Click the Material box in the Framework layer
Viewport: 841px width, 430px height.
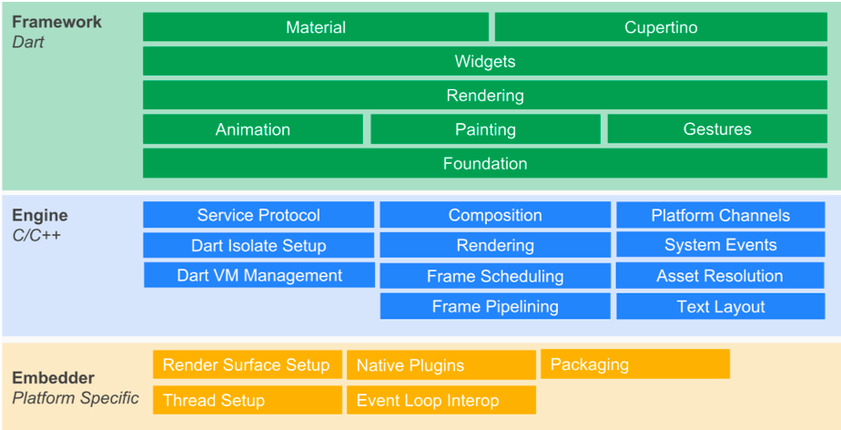[316, 26]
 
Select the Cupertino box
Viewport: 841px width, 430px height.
[661, 26]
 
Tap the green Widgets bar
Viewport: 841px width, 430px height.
[485, 61]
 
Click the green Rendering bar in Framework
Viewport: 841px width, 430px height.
[485, 95]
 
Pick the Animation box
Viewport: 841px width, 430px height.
[253, 128]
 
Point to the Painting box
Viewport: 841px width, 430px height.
[485, 128]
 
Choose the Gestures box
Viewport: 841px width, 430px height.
[717, 128]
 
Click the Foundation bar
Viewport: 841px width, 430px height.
[485, 163]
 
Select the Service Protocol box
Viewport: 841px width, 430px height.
[258, 215]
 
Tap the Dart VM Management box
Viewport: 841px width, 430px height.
[259, 275]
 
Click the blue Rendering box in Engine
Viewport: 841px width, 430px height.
[495, 245]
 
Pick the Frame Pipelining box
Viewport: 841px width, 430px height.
[495, 306]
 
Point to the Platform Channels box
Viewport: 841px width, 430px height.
[720, 215]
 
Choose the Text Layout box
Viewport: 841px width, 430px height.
[720, 306]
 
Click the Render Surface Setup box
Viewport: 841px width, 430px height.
[248, 364]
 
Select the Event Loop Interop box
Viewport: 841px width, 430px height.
[441, 400]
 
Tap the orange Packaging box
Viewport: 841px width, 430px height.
[635, 364]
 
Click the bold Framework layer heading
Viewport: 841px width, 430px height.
[56, 22]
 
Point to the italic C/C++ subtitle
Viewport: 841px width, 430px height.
[36, 234]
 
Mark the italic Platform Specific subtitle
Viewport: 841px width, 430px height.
[75, 398]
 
